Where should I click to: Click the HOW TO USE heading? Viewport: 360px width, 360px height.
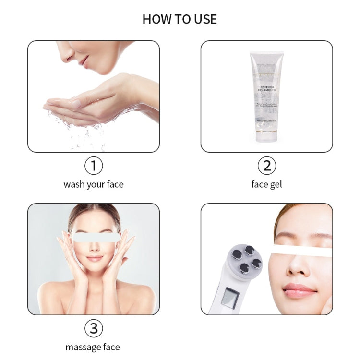(180, 19)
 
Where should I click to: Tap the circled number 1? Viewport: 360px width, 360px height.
(94, 166)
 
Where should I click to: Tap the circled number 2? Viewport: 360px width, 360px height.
(266, 166)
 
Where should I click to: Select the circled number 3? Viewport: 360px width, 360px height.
(94, 328)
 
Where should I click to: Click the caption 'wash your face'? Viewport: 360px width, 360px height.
(94, 184)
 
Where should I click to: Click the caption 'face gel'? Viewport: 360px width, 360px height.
(266, 184)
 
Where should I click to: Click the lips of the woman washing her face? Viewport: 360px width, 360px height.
(84, 60)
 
